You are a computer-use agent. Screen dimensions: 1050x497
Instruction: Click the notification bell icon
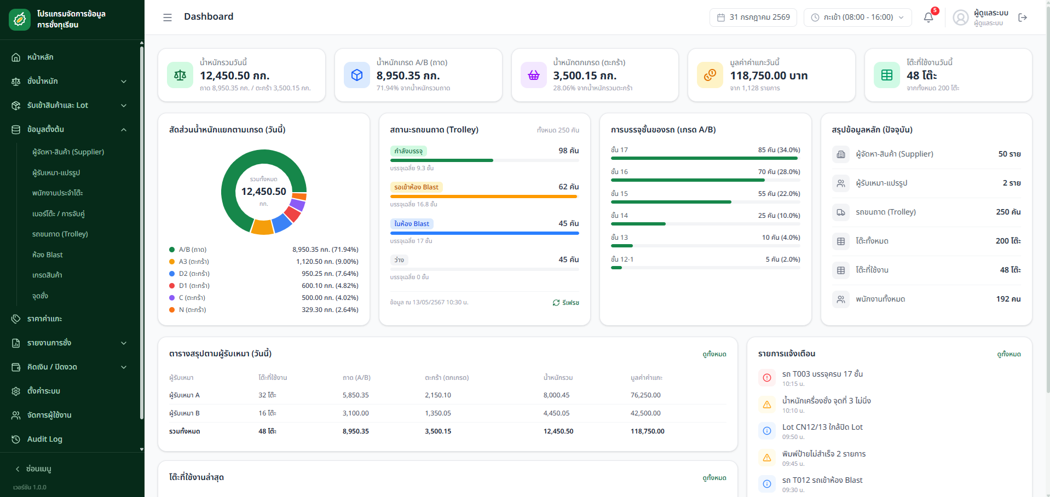(x=928, y=18)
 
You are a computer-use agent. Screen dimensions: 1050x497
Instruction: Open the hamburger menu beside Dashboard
(x=168, y=18)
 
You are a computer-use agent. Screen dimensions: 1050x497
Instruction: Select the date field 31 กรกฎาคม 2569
(x=753, y=18)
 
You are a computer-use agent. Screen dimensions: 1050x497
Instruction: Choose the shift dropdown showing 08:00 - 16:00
(x=858, y=18)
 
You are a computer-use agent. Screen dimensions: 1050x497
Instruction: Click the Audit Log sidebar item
(x=45, y=439)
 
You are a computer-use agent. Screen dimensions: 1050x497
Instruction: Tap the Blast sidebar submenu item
(x=48, y=255)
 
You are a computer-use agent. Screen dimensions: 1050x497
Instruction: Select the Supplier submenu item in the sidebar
(x=68, y=152)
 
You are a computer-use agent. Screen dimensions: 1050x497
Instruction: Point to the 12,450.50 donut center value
(x=264, y=192)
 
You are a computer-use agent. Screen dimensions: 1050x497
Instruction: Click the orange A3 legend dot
(x=172, y=262)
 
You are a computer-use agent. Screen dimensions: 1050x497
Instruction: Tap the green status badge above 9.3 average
(x=408, y=151)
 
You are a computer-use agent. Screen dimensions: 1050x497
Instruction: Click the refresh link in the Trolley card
(x=566, y=303)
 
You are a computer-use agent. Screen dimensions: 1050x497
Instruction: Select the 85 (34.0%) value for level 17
(x=779, y=150)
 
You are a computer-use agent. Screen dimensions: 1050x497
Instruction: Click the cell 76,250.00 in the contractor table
(x=645, y=395)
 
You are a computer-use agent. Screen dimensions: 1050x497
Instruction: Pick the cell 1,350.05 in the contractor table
(x=438, y=413)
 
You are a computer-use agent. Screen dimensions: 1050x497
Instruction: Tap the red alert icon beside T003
(x=767, y=378)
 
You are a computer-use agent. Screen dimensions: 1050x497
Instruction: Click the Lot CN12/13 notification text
(x=822, y=427)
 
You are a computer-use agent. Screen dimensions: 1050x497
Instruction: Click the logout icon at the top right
(x=1023, y=18)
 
